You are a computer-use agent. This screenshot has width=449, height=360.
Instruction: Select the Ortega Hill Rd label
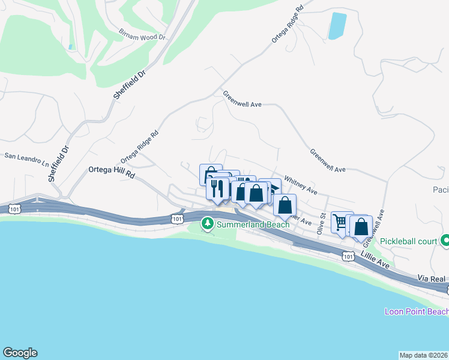[112, 170]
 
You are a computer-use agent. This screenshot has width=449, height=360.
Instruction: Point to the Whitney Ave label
[300, 184]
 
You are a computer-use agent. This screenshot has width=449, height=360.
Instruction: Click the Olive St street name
[322, 223]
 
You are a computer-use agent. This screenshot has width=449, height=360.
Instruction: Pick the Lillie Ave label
[376, 260]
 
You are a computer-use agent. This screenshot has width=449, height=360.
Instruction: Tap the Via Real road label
[432, 279]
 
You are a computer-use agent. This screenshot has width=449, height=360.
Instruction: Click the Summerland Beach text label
[253, 224]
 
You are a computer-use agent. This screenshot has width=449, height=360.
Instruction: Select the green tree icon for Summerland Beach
[208, 224]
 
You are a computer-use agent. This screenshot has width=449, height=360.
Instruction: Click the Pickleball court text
[411, 241]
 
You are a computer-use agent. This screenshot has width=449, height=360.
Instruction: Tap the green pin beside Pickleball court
[445, 241]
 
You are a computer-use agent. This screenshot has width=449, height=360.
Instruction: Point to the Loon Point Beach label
[417, 311]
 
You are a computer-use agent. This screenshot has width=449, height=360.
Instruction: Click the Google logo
[20, 353]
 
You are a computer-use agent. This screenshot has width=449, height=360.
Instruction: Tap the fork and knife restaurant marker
[217, 189]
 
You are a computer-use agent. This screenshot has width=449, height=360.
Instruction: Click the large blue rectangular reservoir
[337, 26]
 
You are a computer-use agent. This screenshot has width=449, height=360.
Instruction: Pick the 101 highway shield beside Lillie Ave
[348, 256]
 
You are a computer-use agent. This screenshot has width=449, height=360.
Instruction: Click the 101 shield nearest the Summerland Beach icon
[176, 219]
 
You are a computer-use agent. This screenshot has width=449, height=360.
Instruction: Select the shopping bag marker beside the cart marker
[361, 227]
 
